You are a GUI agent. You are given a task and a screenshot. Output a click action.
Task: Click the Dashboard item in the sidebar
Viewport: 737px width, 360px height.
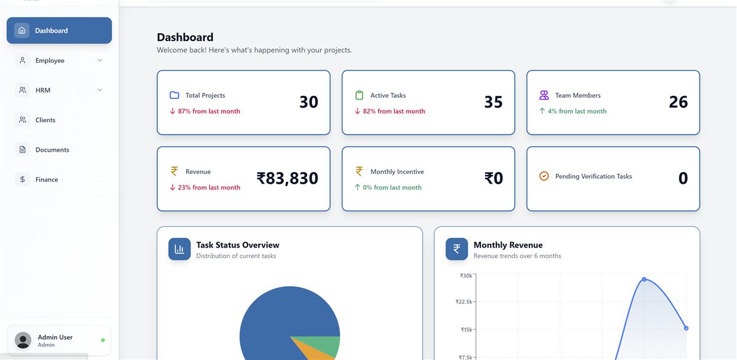59,30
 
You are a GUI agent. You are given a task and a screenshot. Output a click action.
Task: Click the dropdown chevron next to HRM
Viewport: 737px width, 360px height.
99,90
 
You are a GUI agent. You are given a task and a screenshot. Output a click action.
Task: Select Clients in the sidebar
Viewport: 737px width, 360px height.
45,120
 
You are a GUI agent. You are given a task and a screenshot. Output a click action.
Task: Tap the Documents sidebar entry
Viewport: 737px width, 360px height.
52,150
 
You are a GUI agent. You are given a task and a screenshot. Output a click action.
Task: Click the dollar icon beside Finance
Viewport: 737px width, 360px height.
22,179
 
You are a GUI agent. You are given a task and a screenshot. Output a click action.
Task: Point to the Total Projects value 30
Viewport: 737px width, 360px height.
308,102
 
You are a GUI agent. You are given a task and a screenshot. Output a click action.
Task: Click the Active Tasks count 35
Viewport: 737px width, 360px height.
493,102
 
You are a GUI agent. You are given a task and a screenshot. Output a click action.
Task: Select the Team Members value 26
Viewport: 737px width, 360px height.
678,102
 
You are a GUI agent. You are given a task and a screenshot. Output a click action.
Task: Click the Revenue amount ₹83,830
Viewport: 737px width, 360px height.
287,178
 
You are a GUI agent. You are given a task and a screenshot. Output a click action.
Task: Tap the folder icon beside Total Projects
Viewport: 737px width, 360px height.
174,95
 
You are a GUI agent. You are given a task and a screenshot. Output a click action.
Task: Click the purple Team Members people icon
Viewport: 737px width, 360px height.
544,95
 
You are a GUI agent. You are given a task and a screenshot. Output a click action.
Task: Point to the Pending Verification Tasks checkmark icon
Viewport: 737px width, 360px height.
544,176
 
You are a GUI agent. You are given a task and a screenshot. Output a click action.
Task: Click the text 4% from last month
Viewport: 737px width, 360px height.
577,111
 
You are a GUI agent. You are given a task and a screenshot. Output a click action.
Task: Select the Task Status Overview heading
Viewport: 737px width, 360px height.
238,245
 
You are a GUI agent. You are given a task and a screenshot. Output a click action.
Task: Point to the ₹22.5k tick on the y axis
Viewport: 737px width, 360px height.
464,302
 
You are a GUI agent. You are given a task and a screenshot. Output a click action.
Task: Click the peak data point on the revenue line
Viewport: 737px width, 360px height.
644,280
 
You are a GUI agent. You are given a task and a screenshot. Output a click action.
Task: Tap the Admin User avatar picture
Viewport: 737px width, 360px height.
23,340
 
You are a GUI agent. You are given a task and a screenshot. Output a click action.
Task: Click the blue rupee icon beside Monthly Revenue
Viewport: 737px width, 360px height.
457,249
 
